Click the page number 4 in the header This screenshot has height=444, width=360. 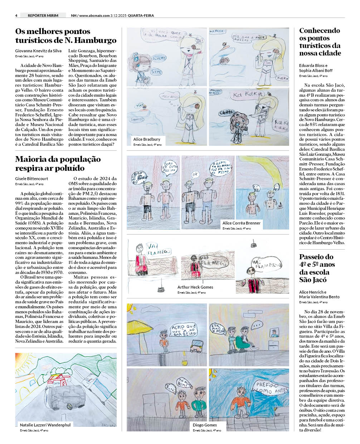16,15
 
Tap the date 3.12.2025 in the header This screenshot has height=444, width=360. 118,15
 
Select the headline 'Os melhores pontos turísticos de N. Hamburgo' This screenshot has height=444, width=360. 66,36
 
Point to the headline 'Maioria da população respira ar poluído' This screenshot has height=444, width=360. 58,164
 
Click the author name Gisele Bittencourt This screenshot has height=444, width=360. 31,179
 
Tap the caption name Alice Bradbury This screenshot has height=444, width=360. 147,139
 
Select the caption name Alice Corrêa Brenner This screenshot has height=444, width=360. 241,223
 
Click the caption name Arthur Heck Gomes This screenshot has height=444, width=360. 195,287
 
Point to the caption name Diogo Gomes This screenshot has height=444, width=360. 205,425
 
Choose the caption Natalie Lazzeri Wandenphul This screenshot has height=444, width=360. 45,425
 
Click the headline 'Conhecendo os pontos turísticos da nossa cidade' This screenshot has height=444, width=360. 320,42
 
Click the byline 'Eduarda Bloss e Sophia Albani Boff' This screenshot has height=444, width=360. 316,68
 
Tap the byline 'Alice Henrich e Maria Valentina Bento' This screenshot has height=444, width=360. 319,294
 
